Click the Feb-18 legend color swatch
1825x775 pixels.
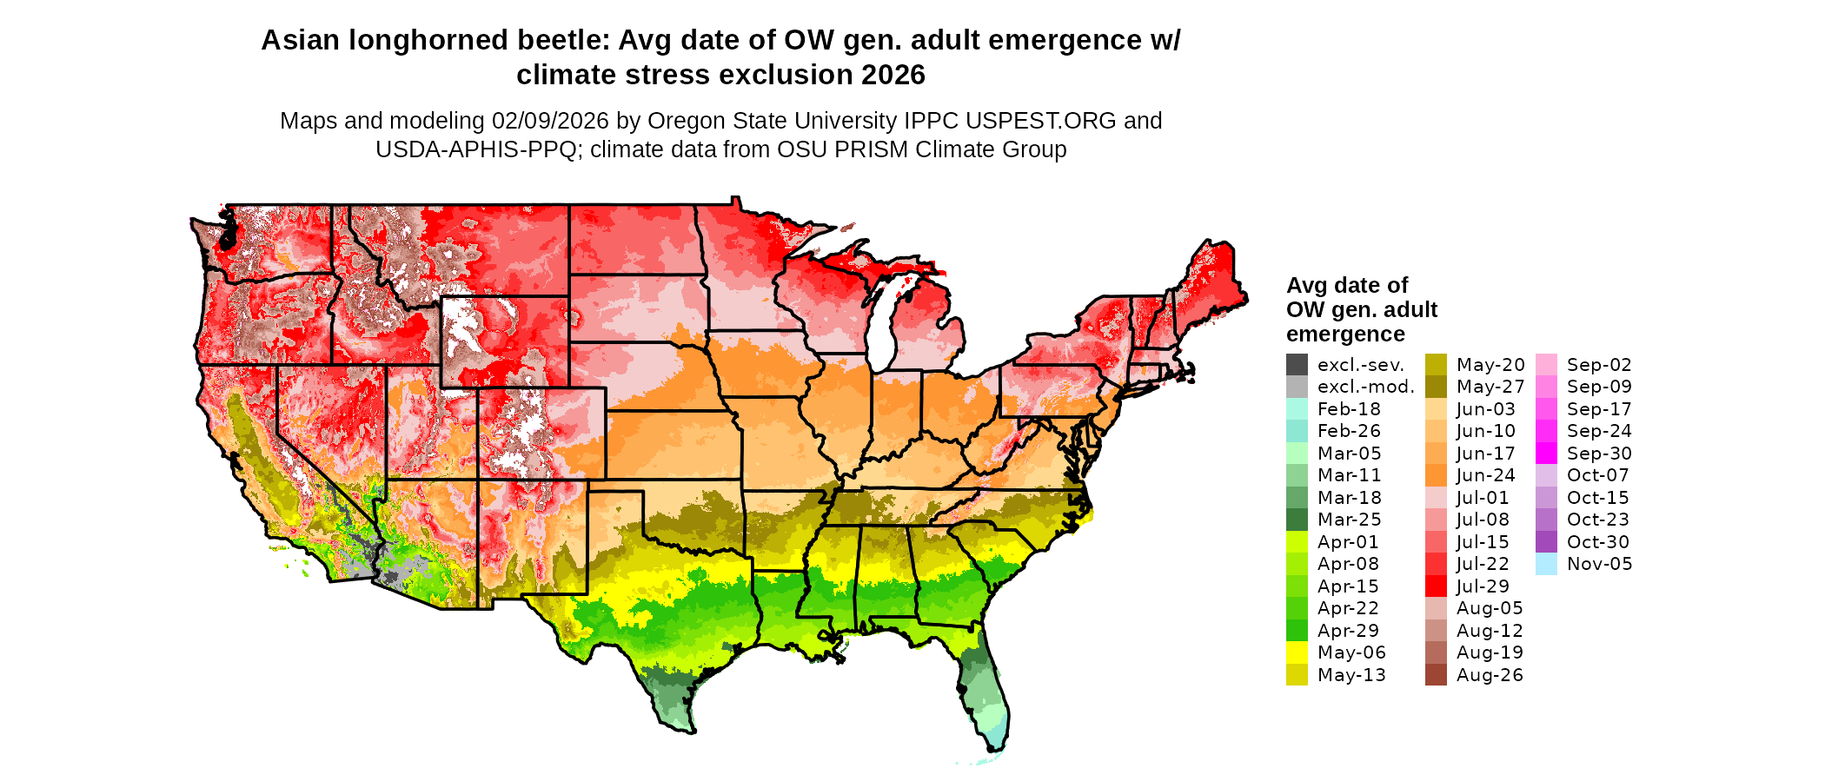pos(1297,409)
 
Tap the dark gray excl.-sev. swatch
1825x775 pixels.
pos(1297,365)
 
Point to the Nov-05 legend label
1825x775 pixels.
pos(1599,564)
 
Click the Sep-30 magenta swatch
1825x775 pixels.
pos(1546,454)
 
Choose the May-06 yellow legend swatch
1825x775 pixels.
pos(1297,652)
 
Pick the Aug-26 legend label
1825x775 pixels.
pos(1490,675)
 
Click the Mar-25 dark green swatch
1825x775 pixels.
pos(1297,520)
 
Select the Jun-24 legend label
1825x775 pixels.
pos(1485,475)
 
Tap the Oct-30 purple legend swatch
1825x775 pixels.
pos(1546,542)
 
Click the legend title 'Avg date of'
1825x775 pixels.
pos(1346,286)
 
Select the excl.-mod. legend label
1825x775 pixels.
pos(1365,387)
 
